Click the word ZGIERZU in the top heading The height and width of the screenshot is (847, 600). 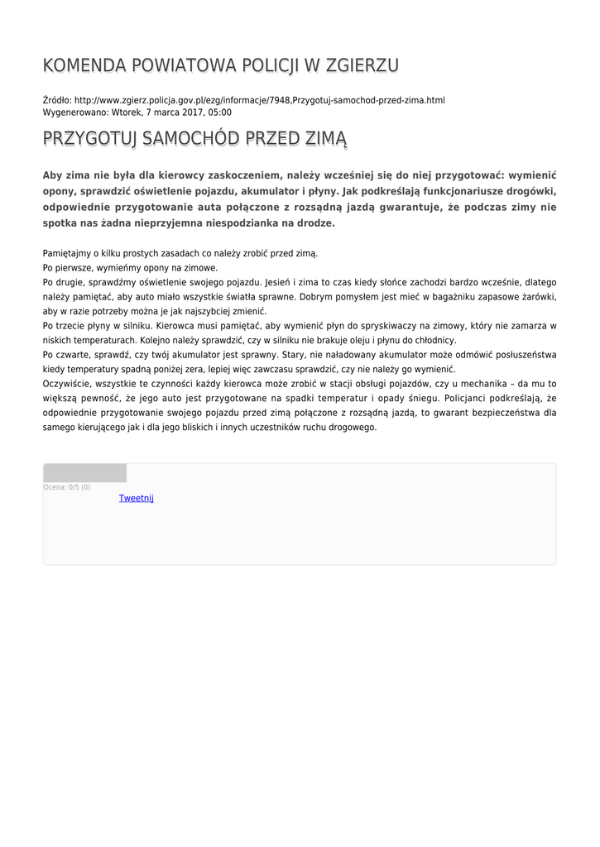pyautogui.click(x=363, y=65)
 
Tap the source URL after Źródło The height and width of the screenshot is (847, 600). pyautogui.click(x=259, y=100)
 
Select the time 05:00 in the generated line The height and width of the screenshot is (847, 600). pyautogui.click(x=220, y=112)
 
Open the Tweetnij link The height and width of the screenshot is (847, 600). pyautogui.click(x=137, y=498)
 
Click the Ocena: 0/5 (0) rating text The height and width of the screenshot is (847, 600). pyautogui.click(x=67, y=487)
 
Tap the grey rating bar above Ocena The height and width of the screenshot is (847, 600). pyautogui.click(x=84, y=473)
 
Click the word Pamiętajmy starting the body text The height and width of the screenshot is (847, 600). pyautogui.click(x=69, y=253)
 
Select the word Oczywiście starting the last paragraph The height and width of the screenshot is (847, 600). pyautogui.click(x=67, y=383)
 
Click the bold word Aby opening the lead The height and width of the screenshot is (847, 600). pyautogui.click(x=54, y=175)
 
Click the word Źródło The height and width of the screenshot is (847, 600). pyautogui.click(x=56, y=100)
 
